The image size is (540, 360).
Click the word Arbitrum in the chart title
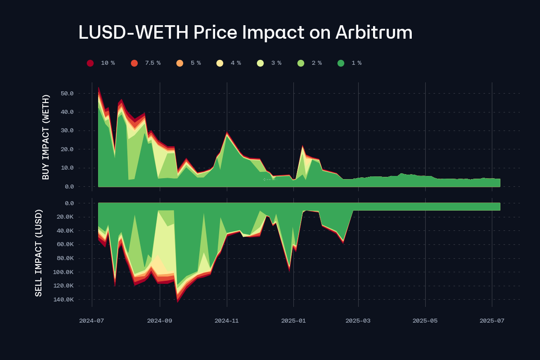[373, 33]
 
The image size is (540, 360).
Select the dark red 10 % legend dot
[90, 63]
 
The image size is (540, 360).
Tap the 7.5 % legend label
[153, 63]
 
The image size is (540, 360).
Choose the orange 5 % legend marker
[180, 63]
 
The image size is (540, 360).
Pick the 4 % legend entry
[229, 63]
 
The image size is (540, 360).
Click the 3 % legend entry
[270, 63]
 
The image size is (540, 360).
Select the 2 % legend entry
[310, 63]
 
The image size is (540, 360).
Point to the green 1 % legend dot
[341, 63]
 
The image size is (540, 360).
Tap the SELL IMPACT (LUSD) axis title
[39, 252]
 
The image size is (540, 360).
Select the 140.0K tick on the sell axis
[64, 299]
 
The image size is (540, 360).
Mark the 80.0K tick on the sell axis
[64, 258]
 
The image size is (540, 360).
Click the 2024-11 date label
[226, 321]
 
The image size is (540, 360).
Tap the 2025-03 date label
[358, 321]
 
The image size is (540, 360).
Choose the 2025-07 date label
[492, 321]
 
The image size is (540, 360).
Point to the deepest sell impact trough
[177, 301]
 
